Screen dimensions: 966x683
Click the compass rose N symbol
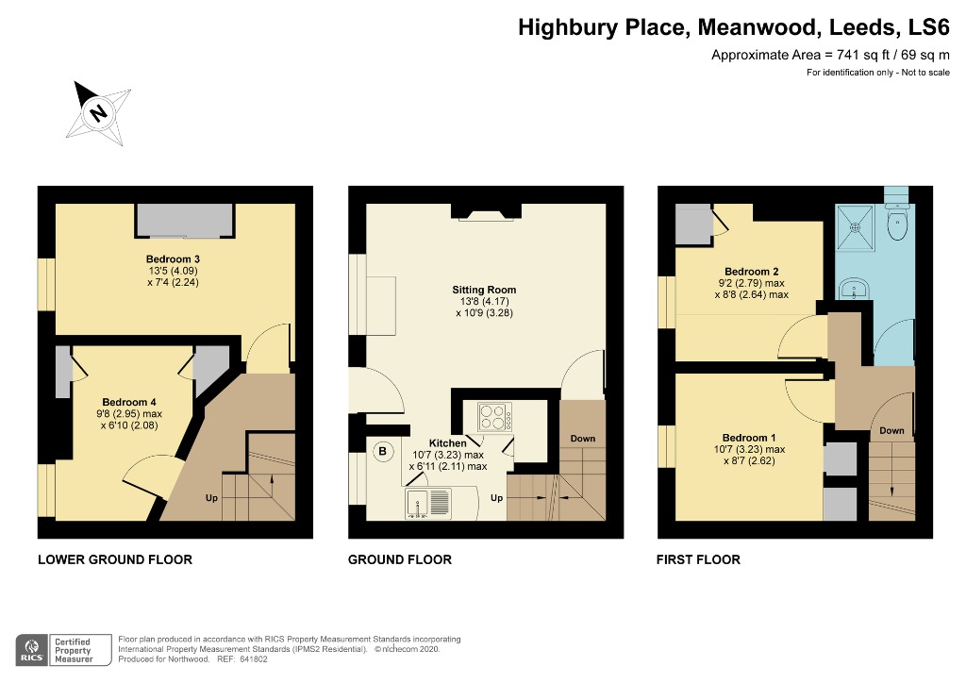97,112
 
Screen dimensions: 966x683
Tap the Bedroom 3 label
173,259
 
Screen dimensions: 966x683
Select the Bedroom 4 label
128,402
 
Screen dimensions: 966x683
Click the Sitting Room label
484,290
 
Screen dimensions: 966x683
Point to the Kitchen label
447,443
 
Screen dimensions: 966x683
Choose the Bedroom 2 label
751,272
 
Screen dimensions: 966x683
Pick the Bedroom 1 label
749,438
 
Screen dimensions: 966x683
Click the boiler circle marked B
383,452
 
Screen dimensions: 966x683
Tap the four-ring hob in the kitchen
494,417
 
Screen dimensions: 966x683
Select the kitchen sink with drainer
428,503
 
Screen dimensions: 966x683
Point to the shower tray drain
855,227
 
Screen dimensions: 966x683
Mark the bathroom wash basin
854,289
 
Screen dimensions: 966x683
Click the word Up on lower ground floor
211,497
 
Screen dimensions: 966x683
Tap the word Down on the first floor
891,430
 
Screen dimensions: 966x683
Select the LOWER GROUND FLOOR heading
115,559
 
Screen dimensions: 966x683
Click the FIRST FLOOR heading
698,559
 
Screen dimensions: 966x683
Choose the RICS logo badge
31,650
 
